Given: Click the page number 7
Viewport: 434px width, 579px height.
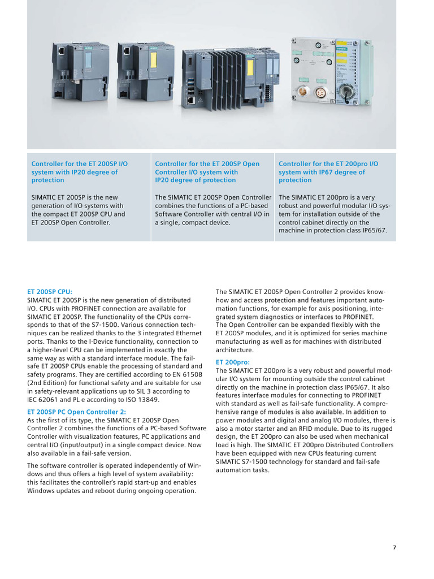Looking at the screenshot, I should tap(394, 547).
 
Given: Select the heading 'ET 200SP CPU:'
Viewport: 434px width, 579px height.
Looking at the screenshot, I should tap(50, 292).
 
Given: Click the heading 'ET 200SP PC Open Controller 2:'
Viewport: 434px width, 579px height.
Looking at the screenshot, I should tap(77, 412).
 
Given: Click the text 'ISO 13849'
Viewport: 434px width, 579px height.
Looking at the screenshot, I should tap(144, 400).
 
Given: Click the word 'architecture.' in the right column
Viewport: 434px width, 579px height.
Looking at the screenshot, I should tap(235, 350).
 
